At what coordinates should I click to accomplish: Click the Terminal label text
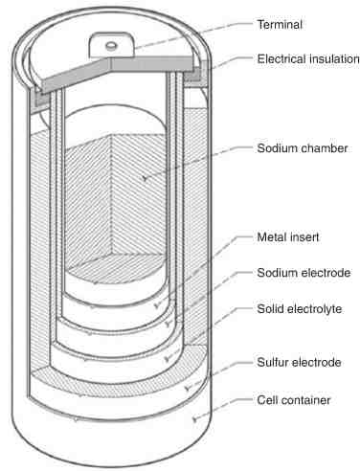point(280,25)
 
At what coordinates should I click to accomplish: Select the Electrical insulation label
point(308,59)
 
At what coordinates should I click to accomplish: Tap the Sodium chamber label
point(303,148)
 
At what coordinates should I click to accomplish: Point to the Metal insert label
point(288,237)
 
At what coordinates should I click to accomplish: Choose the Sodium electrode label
point(304,273)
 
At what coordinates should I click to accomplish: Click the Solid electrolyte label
point(300,309)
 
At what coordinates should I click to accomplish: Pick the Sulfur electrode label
point(299,363)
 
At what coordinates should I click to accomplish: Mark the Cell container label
point(294,400)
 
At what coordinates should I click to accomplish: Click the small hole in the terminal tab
point(111,46)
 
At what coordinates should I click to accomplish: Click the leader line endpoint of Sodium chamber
point(145,178)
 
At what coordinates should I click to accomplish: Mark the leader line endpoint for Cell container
point(194,419)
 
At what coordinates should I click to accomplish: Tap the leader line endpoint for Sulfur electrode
point(188,388)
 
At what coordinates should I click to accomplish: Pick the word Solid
point(270,309)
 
